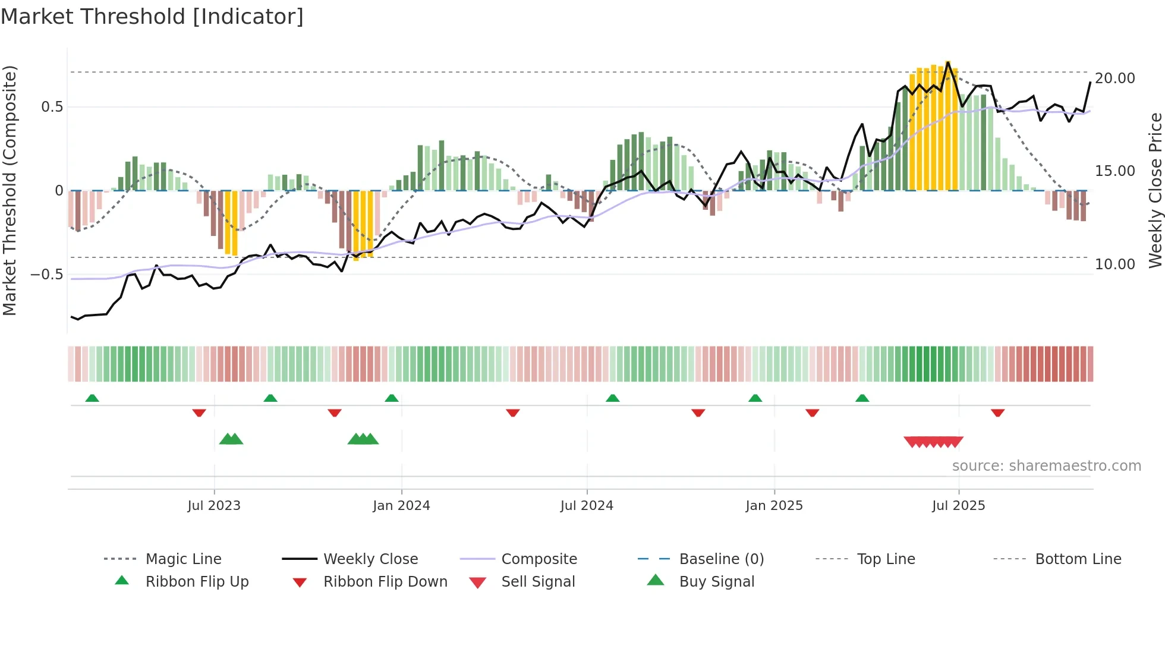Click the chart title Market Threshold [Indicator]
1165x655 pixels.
152,17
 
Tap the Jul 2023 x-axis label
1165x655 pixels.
214,506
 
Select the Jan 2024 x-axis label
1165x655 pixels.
401,506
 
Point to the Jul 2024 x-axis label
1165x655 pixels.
587,506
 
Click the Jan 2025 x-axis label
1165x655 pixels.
774,506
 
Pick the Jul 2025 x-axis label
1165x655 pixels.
958,506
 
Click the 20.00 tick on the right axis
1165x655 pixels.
1114,78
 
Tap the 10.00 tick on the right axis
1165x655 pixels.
1114,264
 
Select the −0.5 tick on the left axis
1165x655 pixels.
46,275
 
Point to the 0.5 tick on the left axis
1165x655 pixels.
52,107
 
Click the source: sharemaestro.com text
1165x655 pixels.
1046,466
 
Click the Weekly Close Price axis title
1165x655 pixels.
1155,190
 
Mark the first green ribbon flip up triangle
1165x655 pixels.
92,398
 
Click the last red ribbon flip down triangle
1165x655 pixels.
997,412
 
